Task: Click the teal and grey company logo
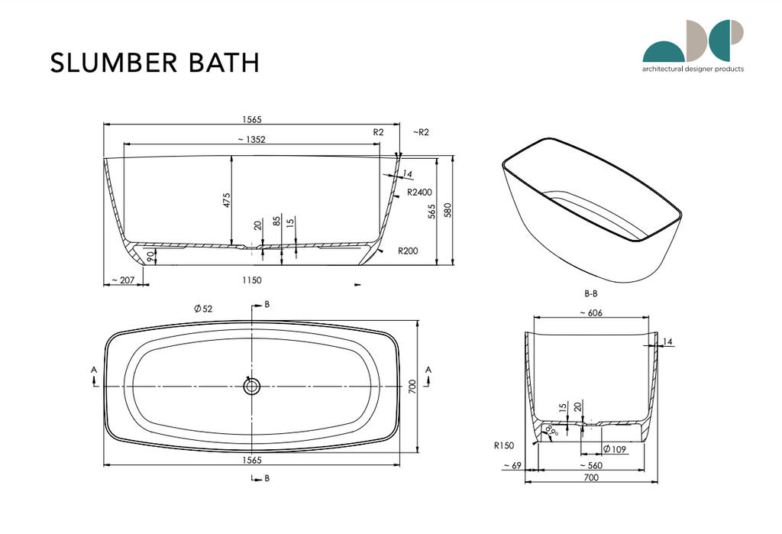pyautogui.click(x=693, y=41)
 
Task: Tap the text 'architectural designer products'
pyautogui.click(x=693, y=69)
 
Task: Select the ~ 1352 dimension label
pyautogui.click(x=252, y=139)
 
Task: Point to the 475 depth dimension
pyautogui.click(x=226, y=200)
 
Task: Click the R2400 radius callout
pyautogui.click(x=419, y=192)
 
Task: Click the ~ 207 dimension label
pyautogui.click(x=122, y=280)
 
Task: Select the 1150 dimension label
pyautogui.click(x=253, y=280)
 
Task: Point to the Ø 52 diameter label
pyautogui.click(x=203, y=308)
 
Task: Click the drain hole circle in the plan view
pyautogui.click(x=252, y=387)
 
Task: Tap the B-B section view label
pyautogui.click(x=591, y=293)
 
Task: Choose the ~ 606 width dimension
pyautogui.click(x=593, y=312)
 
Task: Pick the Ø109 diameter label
pyautogui.click(x=615, y=449)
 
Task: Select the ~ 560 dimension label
pyautogui.click(x=593, y=466)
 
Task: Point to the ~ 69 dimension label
pyautogui.click(x=511, y=466)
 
